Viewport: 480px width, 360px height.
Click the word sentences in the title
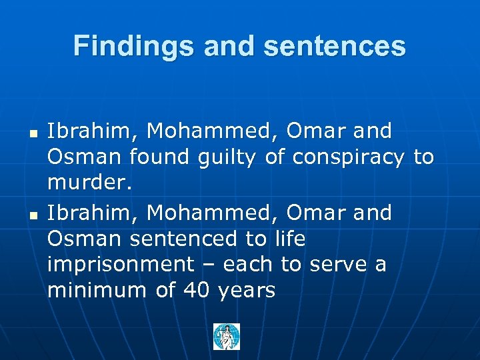pyautogui.click(x=335, y=46)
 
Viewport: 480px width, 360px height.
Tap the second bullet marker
pyautogui.click(x=32, y=216)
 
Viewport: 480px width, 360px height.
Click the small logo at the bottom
pyautogui.click(x=226, y=337)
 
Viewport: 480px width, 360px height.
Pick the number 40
pyautogui.click(x=197, y=291)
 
